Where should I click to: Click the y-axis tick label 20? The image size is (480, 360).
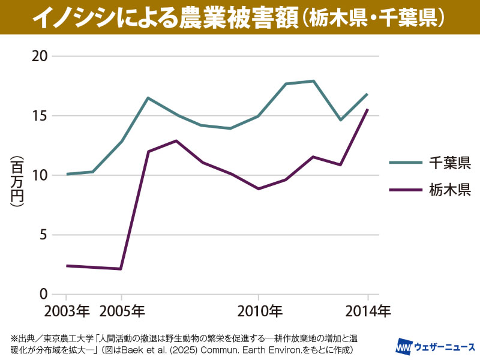point(40,56)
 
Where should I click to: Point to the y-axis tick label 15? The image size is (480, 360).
point(40,116)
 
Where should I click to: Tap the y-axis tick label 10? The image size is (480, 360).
point(40,175)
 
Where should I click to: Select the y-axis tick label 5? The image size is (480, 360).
point(44,235)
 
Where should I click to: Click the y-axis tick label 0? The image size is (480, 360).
point(44,294)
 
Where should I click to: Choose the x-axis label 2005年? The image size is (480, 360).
point(122,311)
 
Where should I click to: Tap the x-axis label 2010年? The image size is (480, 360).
point(259,311)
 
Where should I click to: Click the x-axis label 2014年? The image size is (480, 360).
point(367,311)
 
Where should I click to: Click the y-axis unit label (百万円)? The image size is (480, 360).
point(16,181)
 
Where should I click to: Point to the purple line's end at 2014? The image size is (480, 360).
point(368,110)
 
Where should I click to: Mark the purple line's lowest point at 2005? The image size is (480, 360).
point(121,269)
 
